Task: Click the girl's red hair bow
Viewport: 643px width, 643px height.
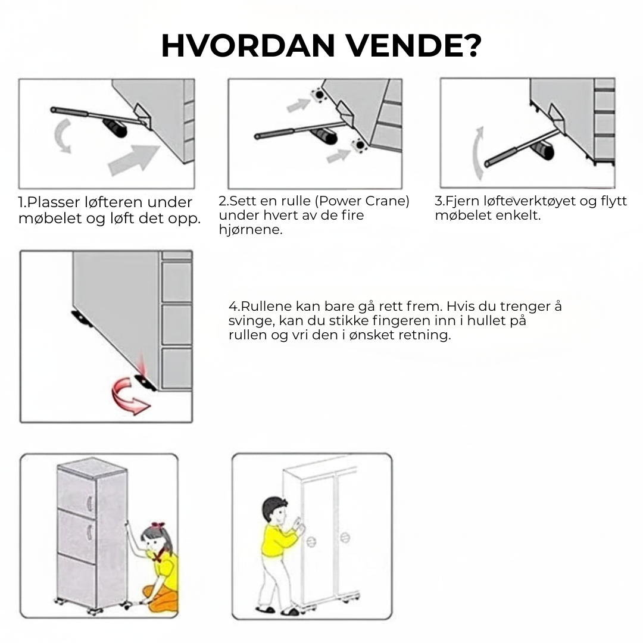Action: coord(158,526)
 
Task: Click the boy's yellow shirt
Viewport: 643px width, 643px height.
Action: coord(274,539)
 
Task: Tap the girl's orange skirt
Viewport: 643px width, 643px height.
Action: coord(163,597)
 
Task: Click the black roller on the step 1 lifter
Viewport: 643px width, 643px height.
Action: coord(116,127)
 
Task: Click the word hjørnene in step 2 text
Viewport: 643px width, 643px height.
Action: coord(251,230)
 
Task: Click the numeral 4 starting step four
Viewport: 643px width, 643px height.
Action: coord(232,307)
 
